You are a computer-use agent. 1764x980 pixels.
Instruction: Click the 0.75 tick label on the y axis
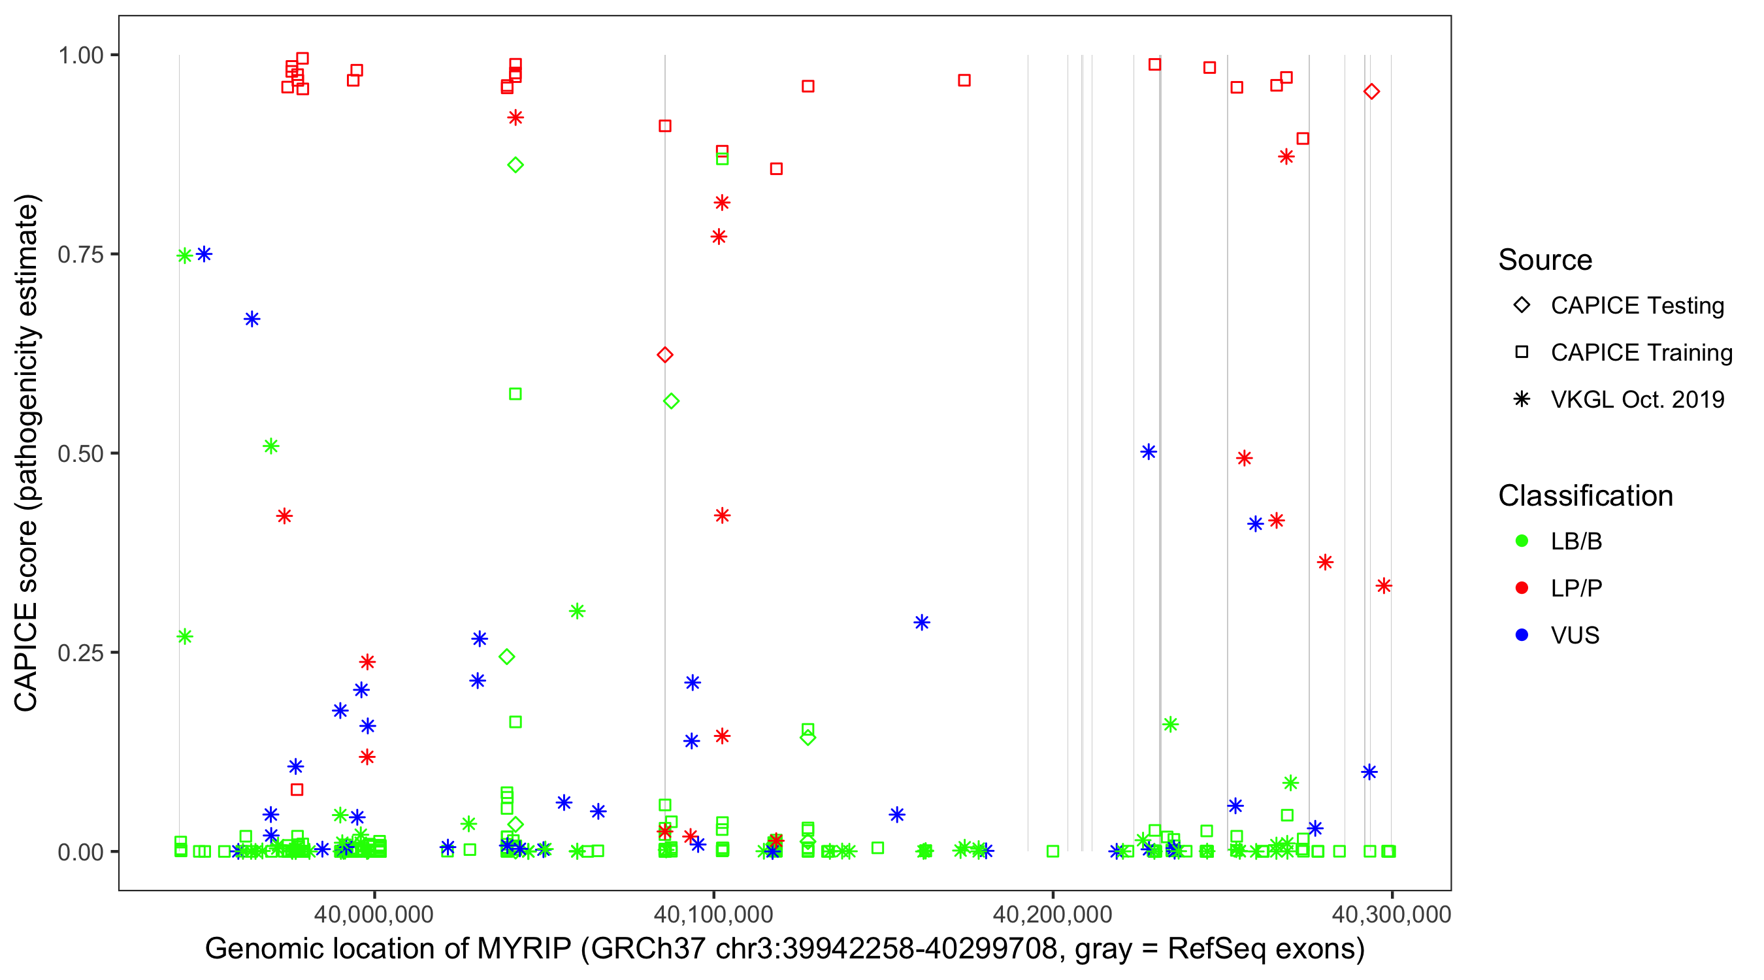pos(80,254)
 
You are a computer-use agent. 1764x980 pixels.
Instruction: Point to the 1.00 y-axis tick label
pos(80,55)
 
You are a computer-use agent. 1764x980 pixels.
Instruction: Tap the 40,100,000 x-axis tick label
pos(713,913)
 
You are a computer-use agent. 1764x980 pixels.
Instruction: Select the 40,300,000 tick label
pos(1391,913)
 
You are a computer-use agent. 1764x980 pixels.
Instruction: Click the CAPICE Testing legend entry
pos(1637,306)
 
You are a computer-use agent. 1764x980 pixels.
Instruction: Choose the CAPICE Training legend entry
pos(1641,353)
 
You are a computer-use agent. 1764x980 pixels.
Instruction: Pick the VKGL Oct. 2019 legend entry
pos(1637,399)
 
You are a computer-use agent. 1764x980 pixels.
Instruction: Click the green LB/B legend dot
pos(1522,541)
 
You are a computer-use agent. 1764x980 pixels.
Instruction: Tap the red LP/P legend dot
pos(1522,588)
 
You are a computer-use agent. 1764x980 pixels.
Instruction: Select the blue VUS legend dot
pos(1522,635)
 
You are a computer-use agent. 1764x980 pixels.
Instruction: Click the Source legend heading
pos(1545,260)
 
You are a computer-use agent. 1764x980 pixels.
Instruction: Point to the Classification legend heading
pos(1585,496)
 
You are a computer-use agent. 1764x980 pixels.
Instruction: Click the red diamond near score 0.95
pos(1371,91)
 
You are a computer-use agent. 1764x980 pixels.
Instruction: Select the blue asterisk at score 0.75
pos(204,254)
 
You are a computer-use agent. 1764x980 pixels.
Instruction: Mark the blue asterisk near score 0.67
pos(252,319)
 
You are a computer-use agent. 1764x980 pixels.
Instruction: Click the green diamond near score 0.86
pos(515,165)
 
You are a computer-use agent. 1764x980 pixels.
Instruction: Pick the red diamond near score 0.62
pos(665,355)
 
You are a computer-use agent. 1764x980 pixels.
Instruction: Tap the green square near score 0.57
pos(515,394)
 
